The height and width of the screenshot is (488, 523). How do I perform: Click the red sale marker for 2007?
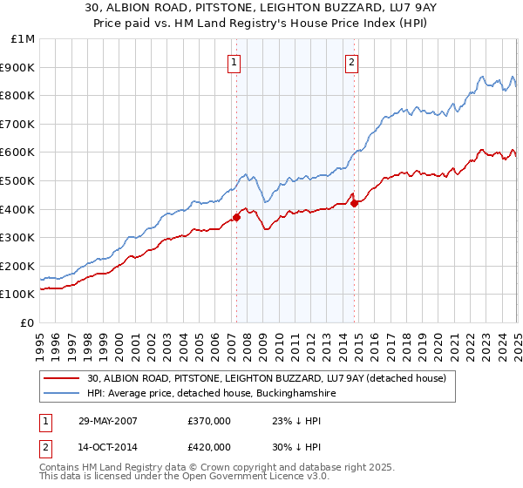click(236, 218)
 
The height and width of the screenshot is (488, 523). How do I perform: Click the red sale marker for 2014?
click(354, 203)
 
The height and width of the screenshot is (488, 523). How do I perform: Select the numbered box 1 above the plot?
click(235, 62)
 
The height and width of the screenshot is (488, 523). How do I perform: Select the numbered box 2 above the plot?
click(351, 62)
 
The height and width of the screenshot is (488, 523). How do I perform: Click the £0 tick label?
click(27, 322)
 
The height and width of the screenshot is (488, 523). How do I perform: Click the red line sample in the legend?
click(63, 378)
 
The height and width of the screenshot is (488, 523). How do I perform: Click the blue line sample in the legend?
click(63, 394)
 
